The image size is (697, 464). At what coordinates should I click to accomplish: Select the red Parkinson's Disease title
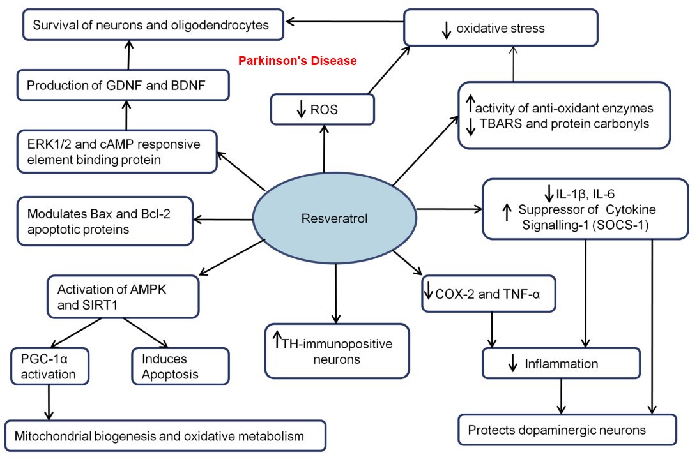[297, 61]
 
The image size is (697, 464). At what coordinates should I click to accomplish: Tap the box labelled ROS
[323, 109]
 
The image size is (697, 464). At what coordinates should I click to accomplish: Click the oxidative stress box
[501, 28]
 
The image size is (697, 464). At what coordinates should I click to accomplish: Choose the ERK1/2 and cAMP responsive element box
[117, 151]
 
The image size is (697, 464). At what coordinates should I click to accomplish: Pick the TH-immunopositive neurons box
[337, 350]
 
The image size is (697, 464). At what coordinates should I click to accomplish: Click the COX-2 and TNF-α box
[489, 294]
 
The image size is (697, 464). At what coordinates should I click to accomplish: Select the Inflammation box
[561, 364]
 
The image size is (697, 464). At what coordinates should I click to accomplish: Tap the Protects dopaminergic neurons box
[567, 430]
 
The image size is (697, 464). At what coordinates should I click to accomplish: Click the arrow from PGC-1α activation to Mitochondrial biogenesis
[49, 401]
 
